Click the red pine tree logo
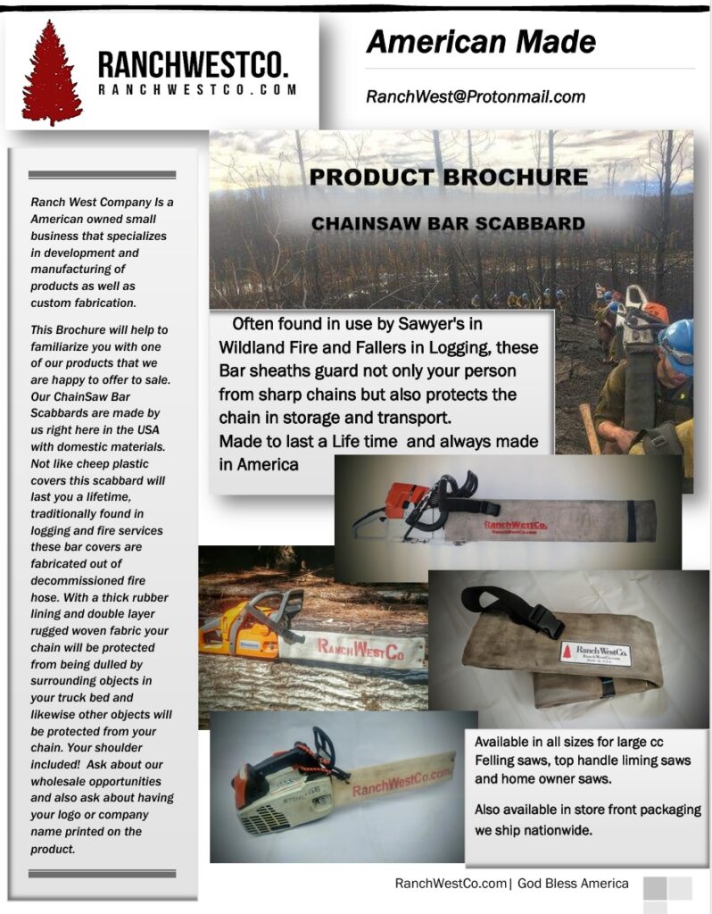pyautogui.click(x=52, y=72)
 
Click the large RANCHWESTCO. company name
pyautogui.click(x=193, y=65)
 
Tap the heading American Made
pyautogui.click(x=480, y=41)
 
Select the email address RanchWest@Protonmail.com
pyautogui.click(x=476, y=96)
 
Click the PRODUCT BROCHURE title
pyautogui.click(x=448, y=177)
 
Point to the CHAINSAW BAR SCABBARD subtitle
pyautogui.click(x=448, y=223)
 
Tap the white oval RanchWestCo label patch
pyautogui.click(x=595, y=654)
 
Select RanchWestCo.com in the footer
pyautogui.click(x=451, y=884)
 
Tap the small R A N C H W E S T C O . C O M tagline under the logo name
pyautogui.click(x=197, y=90)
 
